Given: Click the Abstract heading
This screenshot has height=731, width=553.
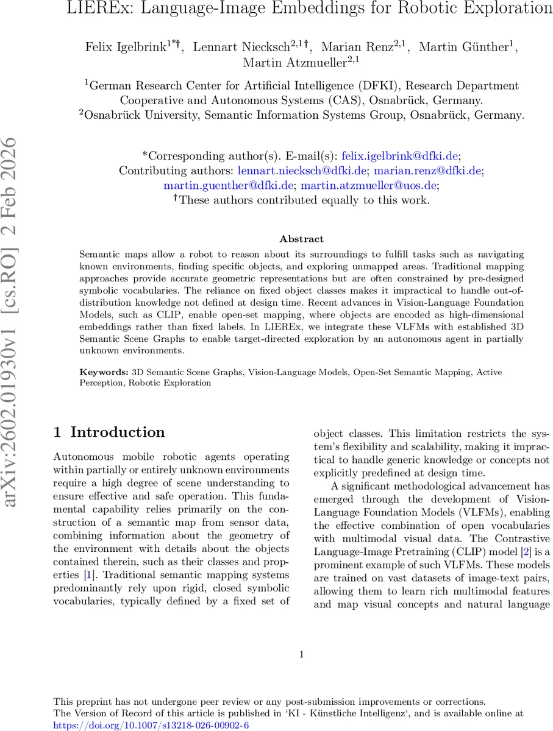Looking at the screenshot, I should pyautogui.click(x=301, y=239).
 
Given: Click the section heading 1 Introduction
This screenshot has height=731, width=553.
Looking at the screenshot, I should pyautogui.click(x=109, y=433).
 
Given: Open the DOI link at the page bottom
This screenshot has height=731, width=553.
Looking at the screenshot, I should pyautogui.click(x=151, y=725).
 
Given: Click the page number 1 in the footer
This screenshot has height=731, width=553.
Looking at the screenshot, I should pyautogui.click(x=302, y=655).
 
